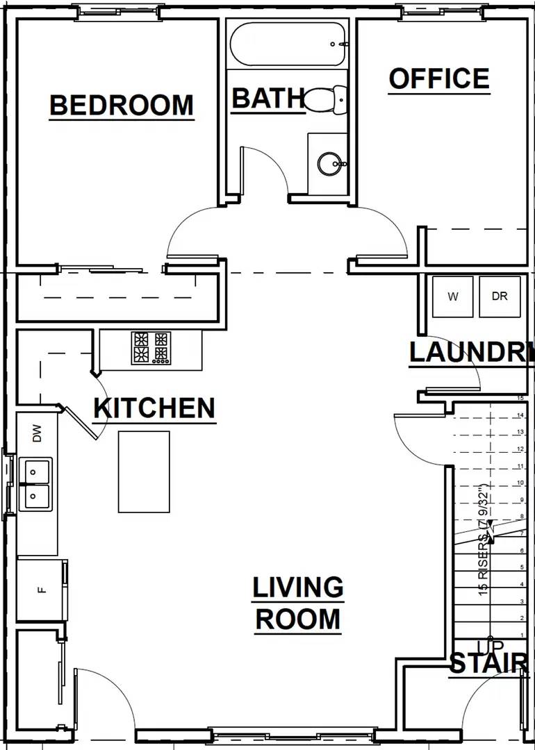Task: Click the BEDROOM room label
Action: [x=122, y=106]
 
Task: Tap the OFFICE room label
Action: [x=438, y=79]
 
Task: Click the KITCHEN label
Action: [x=154, y=408]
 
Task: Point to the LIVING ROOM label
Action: [x=297, y=603]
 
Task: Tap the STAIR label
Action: [x=488, y=663]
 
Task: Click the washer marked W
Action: [x=453, y=297]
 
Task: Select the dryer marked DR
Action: [x=500, y=297]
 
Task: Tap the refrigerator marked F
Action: [x=41, y=590]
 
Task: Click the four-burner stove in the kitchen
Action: [x=151, y=348]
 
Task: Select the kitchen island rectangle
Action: [x=144, y=472]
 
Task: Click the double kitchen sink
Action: [x=34, y=484]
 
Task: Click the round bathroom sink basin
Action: [x=329, y=165]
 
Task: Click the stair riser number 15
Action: [x=520, y=399]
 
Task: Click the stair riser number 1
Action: [x=520, y=635]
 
